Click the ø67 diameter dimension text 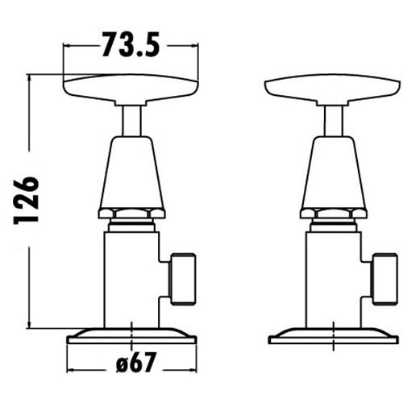pos(132,364)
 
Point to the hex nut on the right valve pos(333,214)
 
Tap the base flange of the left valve pos(131,335)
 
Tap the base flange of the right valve pos(333,335)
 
